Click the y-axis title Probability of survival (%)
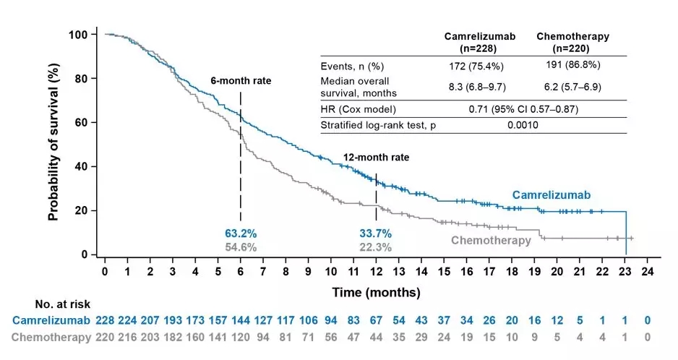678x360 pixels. pos(53,145)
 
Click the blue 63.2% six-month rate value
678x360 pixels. pos(241,233)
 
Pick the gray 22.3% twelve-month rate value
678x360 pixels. pos(376,247)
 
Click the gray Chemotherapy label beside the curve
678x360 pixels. pos(492,240)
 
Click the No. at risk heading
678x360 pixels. pos(62,304)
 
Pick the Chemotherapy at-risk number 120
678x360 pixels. pos(241,336)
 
